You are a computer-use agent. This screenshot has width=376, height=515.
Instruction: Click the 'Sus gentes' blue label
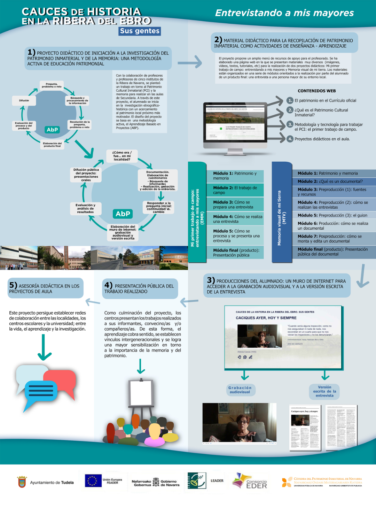tap(140, 31)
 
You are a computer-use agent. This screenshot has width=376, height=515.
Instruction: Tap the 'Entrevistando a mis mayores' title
tap(284, 13)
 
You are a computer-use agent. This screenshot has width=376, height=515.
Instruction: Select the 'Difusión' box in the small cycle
tap(24, 100)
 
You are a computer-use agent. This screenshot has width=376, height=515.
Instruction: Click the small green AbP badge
tap(52, 130)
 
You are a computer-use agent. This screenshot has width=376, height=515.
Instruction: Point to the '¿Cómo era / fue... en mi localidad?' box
tap(122, 156)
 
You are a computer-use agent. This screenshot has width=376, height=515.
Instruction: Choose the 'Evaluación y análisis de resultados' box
tap(85, 208)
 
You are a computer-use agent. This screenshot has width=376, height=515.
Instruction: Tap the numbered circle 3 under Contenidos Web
tap(290, 124)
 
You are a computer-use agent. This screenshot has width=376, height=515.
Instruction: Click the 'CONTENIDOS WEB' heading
tap(316, 91)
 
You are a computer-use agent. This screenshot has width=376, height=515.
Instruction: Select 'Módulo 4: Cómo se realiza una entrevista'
tap(238, 219)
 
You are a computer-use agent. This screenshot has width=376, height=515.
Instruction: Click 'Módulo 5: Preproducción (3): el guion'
tap(332, 215)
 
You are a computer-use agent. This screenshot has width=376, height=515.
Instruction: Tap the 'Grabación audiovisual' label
tap(240, 390)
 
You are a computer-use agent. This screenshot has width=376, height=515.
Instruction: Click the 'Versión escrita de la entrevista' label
tap(324, 391)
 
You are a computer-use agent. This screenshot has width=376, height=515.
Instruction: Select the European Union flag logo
tap(93, 481)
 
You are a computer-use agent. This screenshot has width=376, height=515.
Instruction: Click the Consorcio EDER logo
tap(250, 481)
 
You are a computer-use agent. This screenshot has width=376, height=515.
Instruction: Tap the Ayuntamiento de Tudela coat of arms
tap(22, 482)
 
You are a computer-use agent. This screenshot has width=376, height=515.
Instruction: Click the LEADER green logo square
tap(197, 481)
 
